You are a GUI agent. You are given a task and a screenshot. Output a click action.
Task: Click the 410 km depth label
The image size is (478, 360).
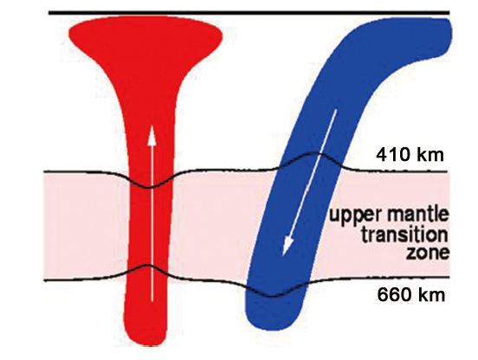410,155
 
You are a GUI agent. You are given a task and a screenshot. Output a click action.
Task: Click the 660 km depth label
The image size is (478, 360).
411,295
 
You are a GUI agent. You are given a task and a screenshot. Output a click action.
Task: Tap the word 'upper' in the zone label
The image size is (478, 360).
355,215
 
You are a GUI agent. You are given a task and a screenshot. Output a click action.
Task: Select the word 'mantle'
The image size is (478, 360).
417,214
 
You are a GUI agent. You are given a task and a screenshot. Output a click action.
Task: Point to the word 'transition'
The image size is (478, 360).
405,235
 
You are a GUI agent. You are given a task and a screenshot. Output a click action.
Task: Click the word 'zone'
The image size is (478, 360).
428,253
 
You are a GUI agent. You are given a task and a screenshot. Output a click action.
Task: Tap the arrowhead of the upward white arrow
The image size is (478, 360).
152,136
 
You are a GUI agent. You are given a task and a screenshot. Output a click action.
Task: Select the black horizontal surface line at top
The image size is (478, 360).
249,13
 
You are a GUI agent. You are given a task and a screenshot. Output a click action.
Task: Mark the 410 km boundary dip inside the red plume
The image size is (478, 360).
149,187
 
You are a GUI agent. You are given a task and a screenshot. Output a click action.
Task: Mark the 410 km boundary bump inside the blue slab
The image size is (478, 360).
314,153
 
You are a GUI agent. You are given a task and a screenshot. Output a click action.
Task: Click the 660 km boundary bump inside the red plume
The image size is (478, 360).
148,267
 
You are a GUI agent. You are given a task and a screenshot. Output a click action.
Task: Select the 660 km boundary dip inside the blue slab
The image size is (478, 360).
273,296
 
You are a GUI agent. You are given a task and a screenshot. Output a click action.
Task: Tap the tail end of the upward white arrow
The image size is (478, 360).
152,301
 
